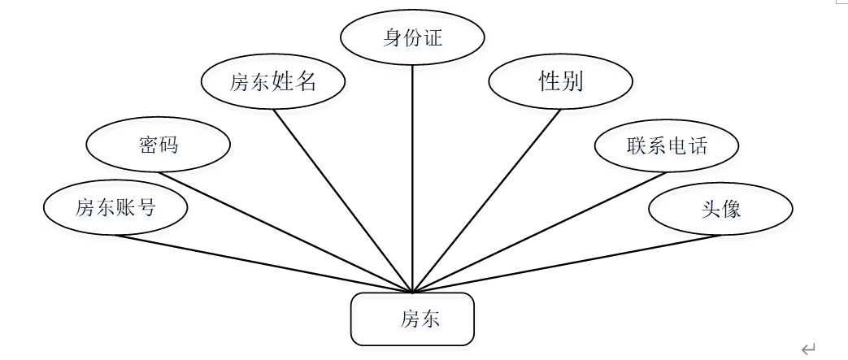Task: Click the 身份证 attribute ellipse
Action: tap(412, 38)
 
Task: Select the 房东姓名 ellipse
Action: tap(273, 81)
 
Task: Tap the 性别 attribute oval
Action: tap(561, 81)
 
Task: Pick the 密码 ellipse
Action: tap(158, 145)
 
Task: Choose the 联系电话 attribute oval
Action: tap(667, 145)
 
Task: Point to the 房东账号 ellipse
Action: tap(115, 207)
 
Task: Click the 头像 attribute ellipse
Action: tap(720, 209)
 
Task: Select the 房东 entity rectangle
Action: tap(412, 319)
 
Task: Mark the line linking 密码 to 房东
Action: tap(285, 232)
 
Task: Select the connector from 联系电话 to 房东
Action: tap(540, 232)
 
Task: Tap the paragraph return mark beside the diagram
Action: tap(807, 349)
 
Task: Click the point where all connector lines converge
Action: tap(413, 292)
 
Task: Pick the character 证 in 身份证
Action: tap(433, 38)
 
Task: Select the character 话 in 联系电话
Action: tap(697, 146)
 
